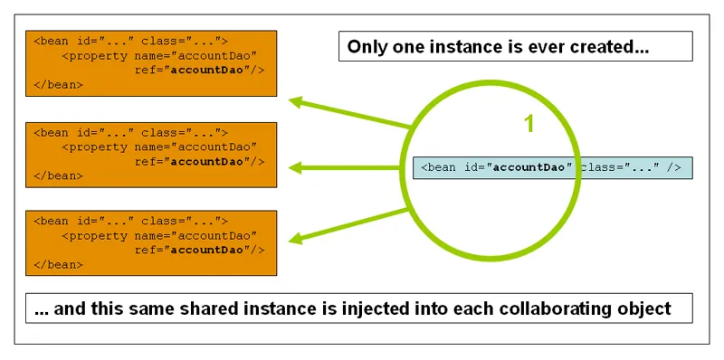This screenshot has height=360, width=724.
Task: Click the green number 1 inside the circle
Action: (x=529, y=124)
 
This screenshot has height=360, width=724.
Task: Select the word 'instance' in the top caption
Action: (x=463, y=47)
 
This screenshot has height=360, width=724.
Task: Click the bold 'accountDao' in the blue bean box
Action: (x=534, y=168)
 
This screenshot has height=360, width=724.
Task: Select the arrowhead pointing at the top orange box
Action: (x=293, y=100)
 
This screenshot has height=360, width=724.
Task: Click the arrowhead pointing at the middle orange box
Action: (x=293, y=167)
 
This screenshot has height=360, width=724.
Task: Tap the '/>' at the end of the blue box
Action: (x=673, y=168)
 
